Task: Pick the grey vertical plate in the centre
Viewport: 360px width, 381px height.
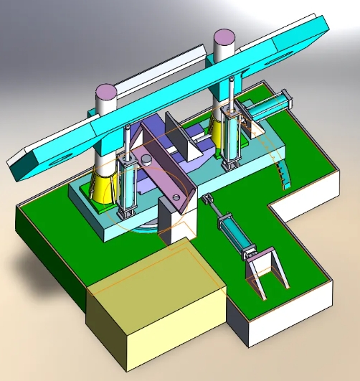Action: click(x=179, y=136)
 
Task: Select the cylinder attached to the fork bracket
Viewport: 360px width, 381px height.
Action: click(x=234, y=233)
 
